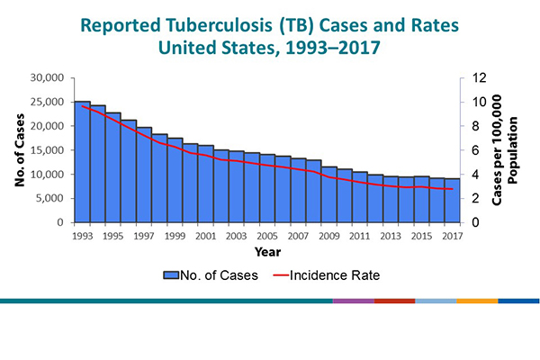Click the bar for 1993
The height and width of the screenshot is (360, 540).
point(82,162)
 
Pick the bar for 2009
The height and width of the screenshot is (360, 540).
point(329,194)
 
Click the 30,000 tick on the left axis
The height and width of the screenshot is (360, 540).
point(46,78)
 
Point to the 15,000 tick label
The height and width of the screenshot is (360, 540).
point(46,150)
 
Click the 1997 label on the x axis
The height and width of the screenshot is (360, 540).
point(144,236)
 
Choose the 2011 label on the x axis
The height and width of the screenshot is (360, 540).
point(360,236)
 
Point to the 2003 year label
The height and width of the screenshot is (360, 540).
point(237,236)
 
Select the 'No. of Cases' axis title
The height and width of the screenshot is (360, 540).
point(19,149)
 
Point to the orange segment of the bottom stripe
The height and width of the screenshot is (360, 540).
point(477,301)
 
